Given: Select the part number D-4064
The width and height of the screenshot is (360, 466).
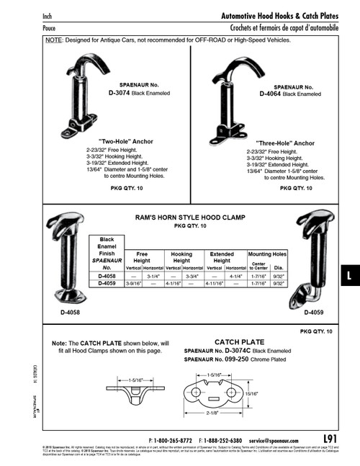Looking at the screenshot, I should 274,93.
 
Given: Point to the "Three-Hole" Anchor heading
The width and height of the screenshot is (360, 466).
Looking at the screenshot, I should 285,143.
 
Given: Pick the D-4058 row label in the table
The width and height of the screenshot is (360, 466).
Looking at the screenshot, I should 107,276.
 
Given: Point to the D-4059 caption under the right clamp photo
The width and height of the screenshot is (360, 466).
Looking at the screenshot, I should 316,313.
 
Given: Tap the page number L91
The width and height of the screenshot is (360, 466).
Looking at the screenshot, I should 330,438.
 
